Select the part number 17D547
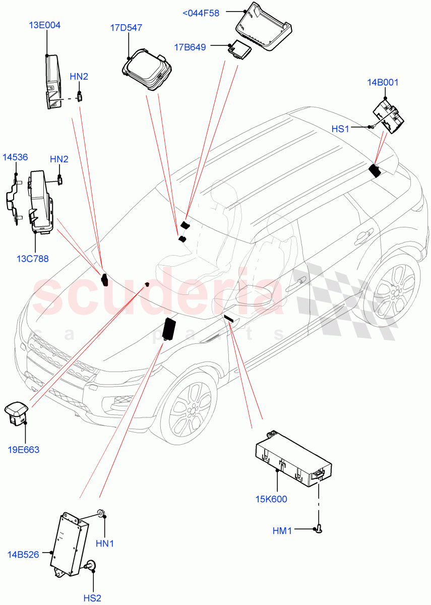126,28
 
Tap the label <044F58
200,14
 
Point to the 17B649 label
190,47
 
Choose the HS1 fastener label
340,129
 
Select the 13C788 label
32,259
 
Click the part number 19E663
23,450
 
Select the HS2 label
92,598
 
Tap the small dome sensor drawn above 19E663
17,411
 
